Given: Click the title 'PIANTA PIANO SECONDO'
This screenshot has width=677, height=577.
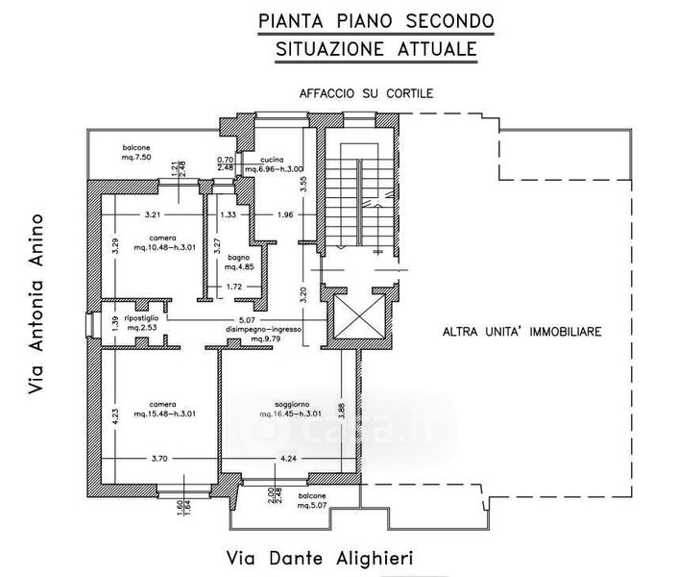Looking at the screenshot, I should pos(376,20).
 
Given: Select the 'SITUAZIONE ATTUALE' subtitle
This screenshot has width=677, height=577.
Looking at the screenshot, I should pos(376,48).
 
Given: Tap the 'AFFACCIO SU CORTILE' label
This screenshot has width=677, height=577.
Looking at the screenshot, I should pos(366,93).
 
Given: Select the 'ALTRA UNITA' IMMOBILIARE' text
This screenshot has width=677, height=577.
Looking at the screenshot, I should pos(521,332).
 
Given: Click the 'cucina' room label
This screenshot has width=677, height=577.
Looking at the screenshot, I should pos(260,160).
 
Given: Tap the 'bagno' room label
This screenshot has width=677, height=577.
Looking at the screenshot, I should pos(240,258).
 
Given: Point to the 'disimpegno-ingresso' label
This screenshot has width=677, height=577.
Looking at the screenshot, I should pos(264,329).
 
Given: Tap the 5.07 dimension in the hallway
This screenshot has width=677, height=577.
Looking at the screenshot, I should pos(247,320).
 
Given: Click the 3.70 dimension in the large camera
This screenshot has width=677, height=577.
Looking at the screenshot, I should pos(159,459).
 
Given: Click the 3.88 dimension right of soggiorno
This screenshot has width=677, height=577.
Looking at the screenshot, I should pos(354,410).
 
